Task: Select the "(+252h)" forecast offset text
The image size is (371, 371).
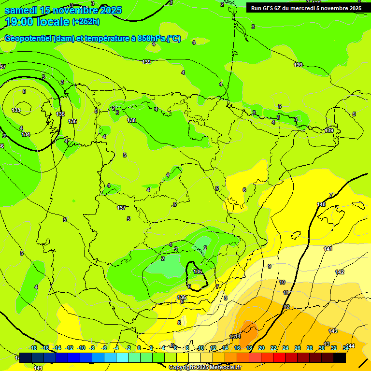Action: point(86,22)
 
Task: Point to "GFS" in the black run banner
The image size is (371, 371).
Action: point(269,8)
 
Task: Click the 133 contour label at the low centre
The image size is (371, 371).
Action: point(16,110)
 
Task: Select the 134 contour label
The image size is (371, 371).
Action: point(26,134)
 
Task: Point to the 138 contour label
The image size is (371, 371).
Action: point(131,120)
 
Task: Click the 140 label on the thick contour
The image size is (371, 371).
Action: point(321,204)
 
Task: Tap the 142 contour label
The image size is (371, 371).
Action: point(340,272)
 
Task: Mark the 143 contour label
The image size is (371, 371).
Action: point(333,331)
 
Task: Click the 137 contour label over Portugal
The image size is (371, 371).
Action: point(121,208)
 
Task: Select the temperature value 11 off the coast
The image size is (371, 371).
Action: point(285,293)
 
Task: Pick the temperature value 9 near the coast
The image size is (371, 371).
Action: point(269,266)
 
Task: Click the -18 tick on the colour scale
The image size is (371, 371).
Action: point(33,348)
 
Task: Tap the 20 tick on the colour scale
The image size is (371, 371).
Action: point(261,348)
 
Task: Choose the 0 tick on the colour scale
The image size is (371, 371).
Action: point(139,348)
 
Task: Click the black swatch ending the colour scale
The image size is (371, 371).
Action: point(340,357)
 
